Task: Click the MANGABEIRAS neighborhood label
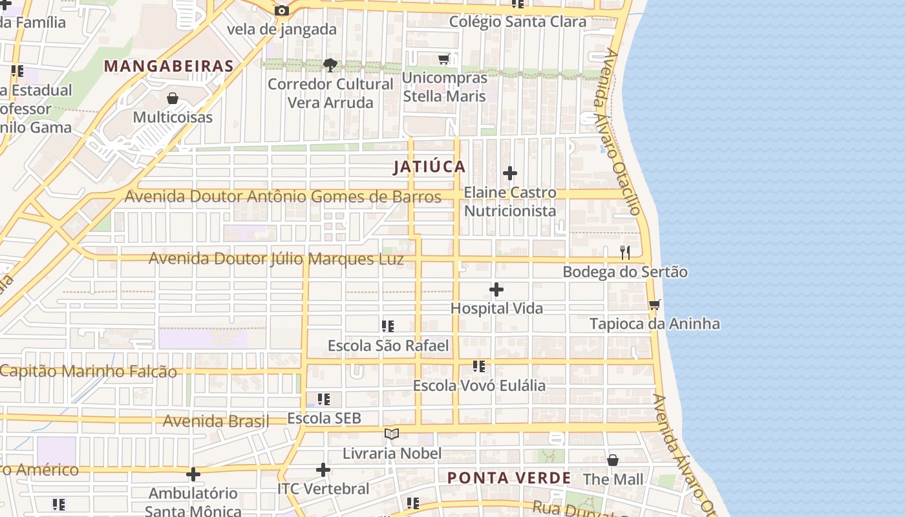click(169, 66)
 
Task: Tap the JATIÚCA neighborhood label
click(430, 167)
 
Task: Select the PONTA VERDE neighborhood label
click(509, 478)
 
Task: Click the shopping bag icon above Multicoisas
click(173, 98)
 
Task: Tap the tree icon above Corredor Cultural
click(330, 65)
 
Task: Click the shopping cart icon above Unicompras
click(443, 59)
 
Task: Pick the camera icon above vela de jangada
click(281, 10)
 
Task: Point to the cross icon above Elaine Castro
click(510, 173)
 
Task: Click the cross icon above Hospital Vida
click(496, 289)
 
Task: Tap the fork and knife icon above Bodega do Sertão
click(625, 253)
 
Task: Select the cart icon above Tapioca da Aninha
click(655, 304)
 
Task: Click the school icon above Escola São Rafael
click(388, 326)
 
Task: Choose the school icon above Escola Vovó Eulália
click(479, 366)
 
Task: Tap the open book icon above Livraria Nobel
click(392, 434)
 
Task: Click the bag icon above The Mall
click(613, 460)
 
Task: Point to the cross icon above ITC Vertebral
click(323, 470)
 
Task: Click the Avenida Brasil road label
click(216, 421)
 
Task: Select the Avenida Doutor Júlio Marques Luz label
click(276, 259)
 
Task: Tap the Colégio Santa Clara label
click(518, 21)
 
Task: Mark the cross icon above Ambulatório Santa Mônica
click(193, 474)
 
